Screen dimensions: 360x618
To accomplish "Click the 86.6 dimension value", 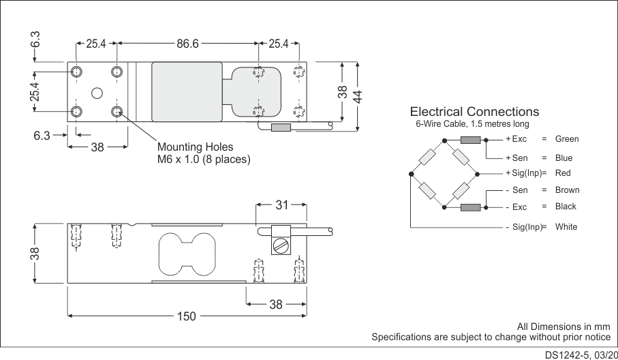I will pos(187,44).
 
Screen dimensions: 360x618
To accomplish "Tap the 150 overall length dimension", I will pos(186,316).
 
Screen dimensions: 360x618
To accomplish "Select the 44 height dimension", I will pos(357,95).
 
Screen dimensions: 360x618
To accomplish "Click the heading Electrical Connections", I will pos(474,112).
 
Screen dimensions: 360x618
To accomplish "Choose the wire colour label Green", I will pos(567,139).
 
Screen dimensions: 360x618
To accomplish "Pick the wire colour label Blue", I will pos(564,158).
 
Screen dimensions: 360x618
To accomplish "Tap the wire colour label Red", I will pos(563,173).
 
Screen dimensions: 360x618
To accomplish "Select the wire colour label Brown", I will pos(567,190).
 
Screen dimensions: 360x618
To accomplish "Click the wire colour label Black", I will pos(566,207).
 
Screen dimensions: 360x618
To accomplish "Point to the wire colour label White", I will pos(566,226).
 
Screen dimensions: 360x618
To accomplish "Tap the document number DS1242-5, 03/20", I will pos(581,355).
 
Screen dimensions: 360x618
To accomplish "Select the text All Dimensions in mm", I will pos(563,326).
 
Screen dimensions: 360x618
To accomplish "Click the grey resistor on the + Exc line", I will pos(471,140).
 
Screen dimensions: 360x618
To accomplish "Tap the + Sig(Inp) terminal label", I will pos(523,173).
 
